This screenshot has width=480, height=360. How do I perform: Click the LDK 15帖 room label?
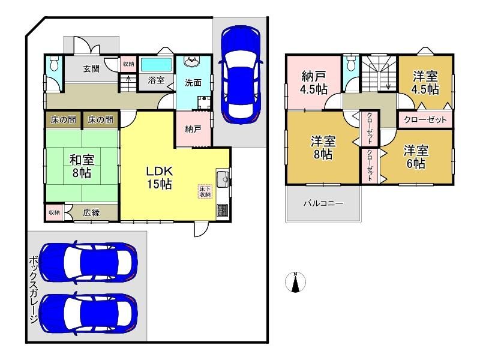159,178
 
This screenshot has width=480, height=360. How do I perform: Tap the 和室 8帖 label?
82,166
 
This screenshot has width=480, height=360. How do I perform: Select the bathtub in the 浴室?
156,65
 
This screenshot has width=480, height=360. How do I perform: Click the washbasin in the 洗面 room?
192,62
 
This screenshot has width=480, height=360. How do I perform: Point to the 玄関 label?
91,68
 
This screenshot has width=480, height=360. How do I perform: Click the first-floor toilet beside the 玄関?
54,64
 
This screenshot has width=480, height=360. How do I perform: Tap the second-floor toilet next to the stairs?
350,64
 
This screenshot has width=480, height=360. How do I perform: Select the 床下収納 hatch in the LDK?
205,191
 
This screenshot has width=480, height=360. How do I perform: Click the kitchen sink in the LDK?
223,178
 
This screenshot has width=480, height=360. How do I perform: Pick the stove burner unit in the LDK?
223,211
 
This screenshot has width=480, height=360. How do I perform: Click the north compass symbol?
295,282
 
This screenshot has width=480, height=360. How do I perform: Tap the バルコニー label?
323,203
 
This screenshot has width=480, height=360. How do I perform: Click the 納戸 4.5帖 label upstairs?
314,82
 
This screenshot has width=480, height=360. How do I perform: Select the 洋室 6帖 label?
416,157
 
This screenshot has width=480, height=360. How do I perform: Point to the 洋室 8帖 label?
323,148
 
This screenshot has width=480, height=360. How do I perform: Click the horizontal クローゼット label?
425,119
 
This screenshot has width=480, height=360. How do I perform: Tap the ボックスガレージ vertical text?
34,290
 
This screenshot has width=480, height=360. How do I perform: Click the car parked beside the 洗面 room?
241,74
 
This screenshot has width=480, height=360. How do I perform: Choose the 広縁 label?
91,212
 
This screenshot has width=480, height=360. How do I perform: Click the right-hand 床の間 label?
100,119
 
